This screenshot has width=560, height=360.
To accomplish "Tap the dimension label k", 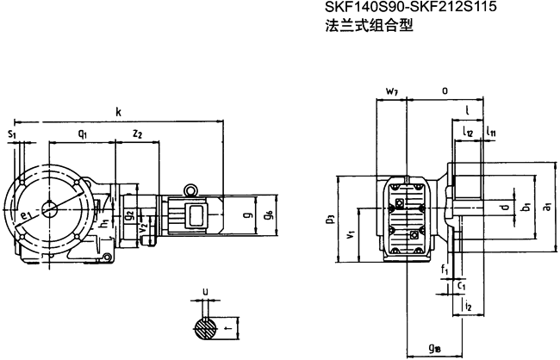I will [x=117, y=111].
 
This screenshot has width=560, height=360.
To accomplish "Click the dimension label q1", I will [x=82, y=133].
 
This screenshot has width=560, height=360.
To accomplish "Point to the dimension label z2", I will [x=138, y=133].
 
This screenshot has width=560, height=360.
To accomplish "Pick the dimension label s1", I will [x=11, y=134].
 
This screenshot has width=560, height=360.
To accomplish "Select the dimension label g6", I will [x=269, y=213].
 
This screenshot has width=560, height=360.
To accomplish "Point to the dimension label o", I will [x=444, y=90].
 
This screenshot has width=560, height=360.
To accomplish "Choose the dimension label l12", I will [x=467, y=132].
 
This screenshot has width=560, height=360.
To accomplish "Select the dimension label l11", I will [x=489, y=132].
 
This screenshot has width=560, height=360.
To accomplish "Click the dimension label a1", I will [x=547, y=206].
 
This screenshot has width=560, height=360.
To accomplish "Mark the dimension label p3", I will [x=331, y=219].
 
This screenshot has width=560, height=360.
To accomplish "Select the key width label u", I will [x=204, y=291].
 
